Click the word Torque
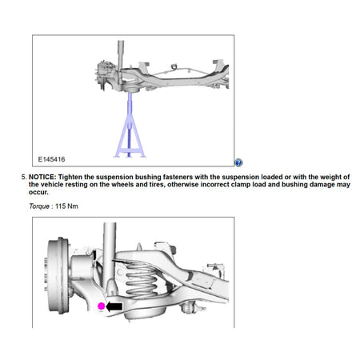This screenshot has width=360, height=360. [40, 206]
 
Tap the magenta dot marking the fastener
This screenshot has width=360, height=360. [101, 306]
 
